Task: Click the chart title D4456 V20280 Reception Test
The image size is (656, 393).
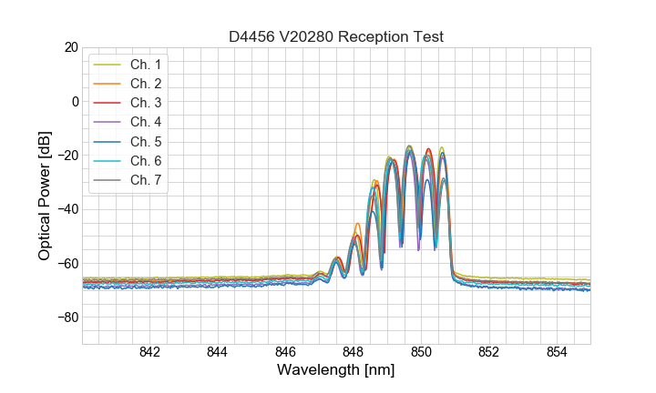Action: [335, 37]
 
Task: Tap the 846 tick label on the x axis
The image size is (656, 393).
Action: [285, 352]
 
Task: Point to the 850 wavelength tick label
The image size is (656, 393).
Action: [421, 352]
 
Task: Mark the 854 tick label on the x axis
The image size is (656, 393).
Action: [557, 352]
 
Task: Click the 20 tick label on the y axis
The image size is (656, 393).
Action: [70, 47]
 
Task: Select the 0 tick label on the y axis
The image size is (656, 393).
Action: [75, 101]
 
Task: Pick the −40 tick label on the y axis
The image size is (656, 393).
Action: [67, 209]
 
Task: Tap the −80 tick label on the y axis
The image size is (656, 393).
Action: [67, 317]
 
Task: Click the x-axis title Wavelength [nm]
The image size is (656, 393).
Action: [336, 370]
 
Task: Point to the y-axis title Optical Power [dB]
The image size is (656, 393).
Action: [44, 196]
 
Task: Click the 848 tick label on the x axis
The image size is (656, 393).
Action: [354, 352]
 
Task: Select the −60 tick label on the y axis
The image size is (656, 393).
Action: [67, 264]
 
